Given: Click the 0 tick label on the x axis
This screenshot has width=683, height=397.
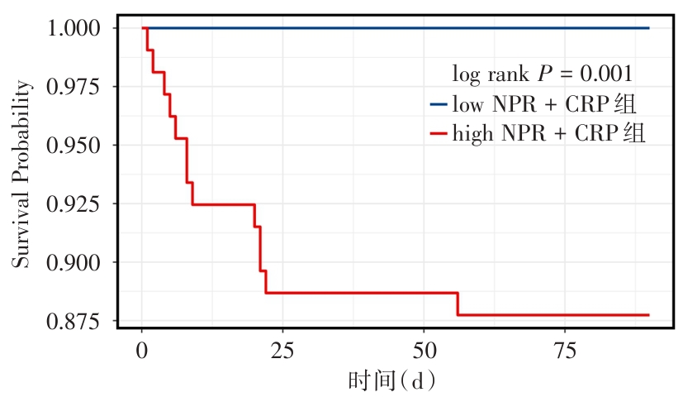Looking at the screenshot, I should tap(142, 348).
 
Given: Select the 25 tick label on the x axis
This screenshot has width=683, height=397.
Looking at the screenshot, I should tap(282, 348).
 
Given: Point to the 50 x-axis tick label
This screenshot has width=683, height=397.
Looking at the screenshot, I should tap(424, 348).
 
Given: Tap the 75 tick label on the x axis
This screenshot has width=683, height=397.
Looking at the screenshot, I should tap(564, 348).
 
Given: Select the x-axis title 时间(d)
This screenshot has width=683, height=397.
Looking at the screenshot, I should tap(391, 381).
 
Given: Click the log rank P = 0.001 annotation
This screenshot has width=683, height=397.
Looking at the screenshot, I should tap(543, 74).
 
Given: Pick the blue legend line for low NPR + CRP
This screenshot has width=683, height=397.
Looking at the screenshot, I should tap(438, 104).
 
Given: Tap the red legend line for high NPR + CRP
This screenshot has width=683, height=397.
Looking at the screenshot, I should tap(438, 133).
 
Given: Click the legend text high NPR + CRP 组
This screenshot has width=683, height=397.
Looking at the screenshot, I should tap(549, 133).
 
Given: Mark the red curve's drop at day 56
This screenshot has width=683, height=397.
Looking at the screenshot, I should tap(458, 304).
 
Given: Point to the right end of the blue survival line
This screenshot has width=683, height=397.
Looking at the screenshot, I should tap(648, 28).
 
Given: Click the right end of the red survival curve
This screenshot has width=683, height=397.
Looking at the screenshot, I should tap(648, 315).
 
